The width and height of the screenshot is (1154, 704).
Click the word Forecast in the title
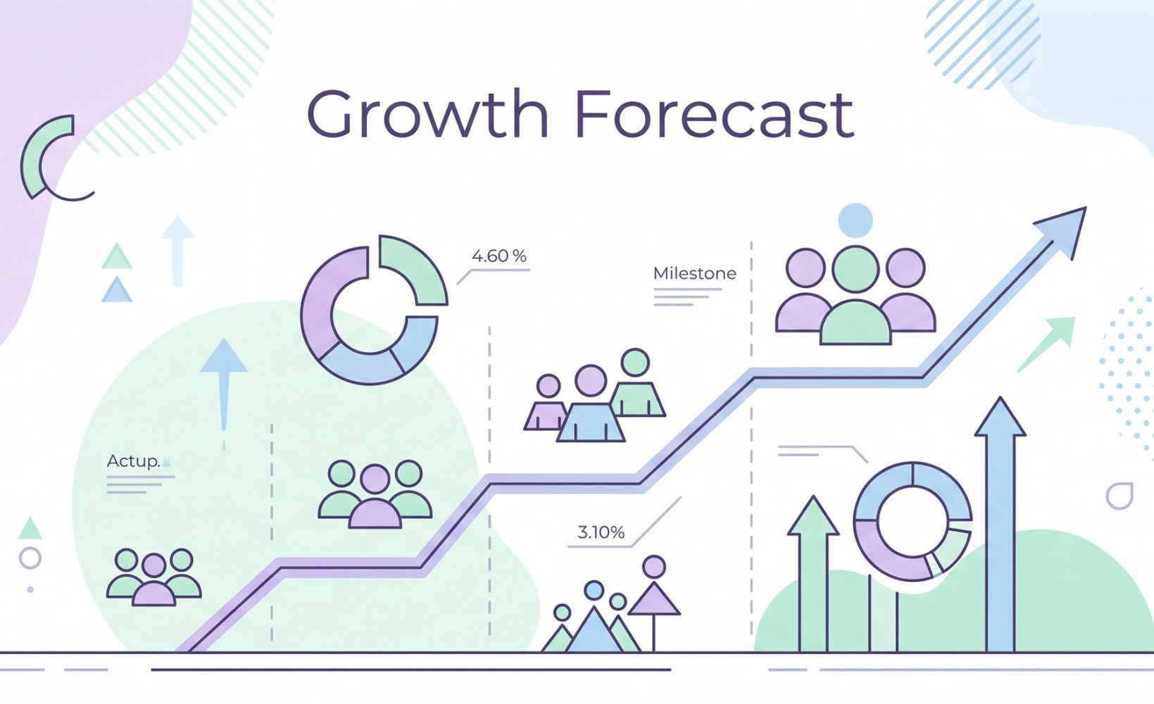(714, 114)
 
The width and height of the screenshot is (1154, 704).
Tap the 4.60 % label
(498, 256)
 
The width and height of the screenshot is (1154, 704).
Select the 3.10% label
(601, 532)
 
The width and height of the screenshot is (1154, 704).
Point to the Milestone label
(694, 273)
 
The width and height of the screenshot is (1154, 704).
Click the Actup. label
(133, 461)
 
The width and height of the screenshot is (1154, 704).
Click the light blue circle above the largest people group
(855, 220)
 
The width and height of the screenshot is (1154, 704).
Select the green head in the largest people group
(855, 268)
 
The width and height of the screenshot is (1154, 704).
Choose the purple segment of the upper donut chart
(321, 303)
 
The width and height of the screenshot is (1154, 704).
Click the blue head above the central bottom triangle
(594, 590)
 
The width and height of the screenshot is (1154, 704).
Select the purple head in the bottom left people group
(153, 565)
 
